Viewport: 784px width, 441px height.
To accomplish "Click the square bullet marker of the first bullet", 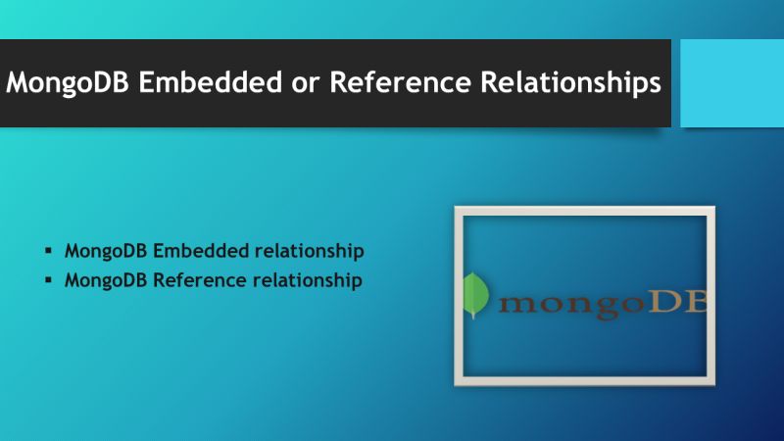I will click(47, 251).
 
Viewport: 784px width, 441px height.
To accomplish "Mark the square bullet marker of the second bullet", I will click(47, 280).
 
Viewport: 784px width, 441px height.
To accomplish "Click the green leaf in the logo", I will click(475, 294).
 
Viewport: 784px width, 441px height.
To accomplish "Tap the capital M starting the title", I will click(19, 83).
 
